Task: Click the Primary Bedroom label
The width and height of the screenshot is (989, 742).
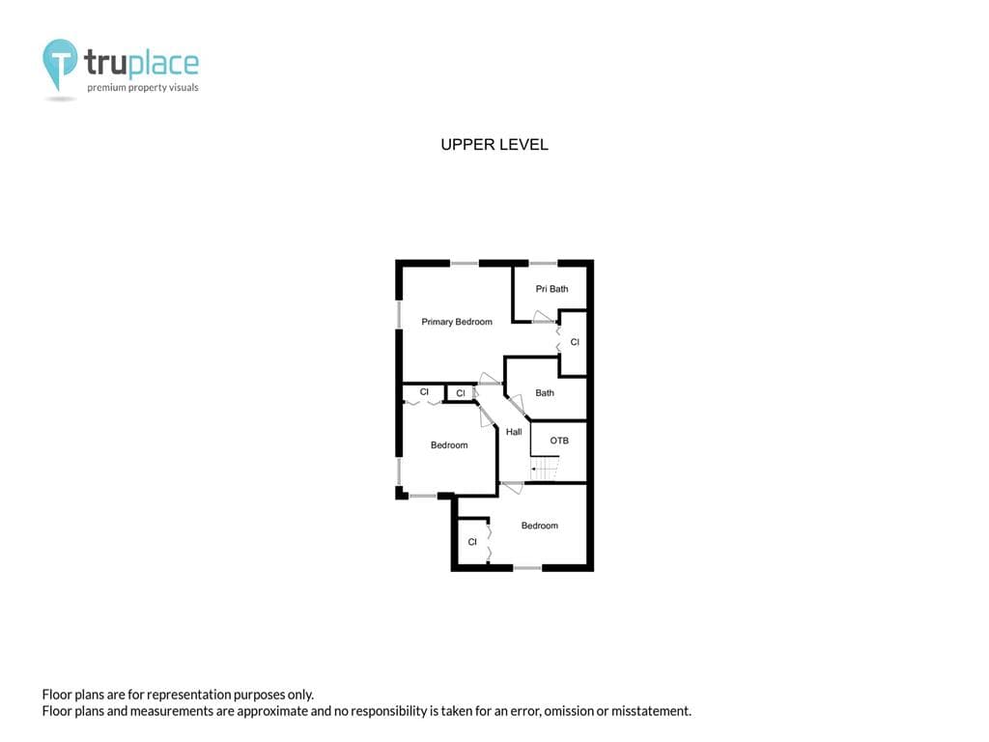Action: [x=457, y=322]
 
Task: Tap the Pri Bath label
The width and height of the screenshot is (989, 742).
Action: [x=551, y=289]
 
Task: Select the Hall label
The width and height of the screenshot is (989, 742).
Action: [x=514, y=432]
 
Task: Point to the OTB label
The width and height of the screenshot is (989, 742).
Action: [x=559, y=441]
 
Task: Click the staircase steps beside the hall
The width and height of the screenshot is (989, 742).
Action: [x=545, y=469]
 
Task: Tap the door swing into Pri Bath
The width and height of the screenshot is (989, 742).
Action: [x=544, y=317]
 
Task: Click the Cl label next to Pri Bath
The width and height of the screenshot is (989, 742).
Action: [x=575, y=342]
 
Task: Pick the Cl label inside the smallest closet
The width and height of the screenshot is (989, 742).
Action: [x=461, y=393]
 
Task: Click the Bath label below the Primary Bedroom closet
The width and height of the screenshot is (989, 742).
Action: [x=545, y=392]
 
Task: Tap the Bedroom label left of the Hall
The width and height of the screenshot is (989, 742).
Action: [x=449, y=444]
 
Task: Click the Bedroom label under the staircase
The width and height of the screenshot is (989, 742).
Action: [x=540, y=526]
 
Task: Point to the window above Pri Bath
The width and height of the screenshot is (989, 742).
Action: [x=543, y=263]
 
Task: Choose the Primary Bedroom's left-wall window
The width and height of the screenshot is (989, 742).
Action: [x=399, y=314]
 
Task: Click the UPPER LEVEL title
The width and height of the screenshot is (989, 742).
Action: [x=494, y=145]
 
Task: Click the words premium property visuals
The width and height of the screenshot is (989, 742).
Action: [x=143, y=88]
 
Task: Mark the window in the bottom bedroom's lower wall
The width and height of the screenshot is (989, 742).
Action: [x=527, y=568]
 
